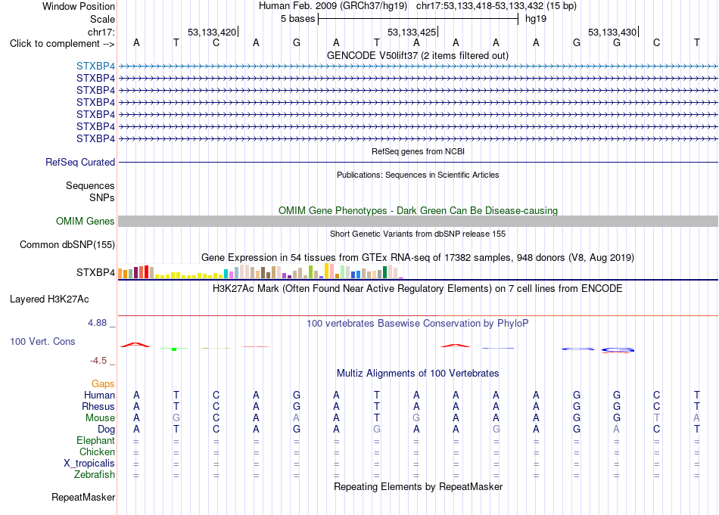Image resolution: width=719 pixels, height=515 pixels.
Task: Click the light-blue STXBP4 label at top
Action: point(95,66)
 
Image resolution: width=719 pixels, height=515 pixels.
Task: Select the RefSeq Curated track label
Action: point(80,162)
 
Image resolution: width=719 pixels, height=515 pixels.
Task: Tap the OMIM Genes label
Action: point(86,222)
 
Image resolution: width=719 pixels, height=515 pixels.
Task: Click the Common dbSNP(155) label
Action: point(67,245)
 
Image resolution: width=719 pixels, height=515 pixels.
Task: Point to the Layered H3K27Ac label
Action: point(49,299)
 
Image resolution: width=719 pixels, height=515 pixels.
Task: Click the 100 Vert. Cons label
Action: point(42,341)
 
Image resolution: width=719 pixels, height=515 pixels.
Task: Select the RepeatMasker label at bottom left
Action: point(83,497)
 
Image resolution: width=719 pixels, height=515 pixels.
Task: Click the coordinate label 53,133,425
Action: point(411,32)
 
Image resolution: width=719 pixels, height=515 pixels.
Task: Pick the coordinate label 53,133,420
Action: point(212,32)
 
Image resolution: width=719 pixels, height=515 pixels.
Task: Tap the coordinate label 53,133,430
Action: point(612,32)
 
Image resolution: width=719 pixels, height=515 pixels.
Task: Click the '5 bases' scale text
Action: point(298,19)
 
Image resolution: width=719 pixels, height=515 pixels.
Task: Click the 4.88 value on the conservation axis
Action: point(97,323)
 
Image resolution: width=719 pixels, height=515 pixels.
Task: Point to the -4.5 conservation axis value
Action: point(98,361)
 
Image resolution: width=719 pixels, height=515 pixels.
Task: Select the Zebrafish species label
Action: point(95,474)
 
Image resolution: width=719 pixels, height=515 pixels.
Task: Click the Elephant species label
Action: point(96,440)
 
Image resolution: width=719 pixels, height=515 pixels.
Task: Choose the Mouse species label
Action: point(100,418)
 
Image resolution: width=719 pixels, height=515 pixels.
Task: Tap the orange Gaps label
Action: point(103,383)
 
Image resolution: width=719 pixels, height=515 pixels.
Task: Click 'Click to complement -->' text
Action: point(62,44)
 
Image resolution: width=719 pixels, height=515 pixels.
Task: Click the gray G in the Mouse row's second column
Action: point(176,418)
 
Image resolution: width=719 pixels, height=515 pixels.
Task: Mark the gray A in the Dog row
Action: point(616,430)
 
